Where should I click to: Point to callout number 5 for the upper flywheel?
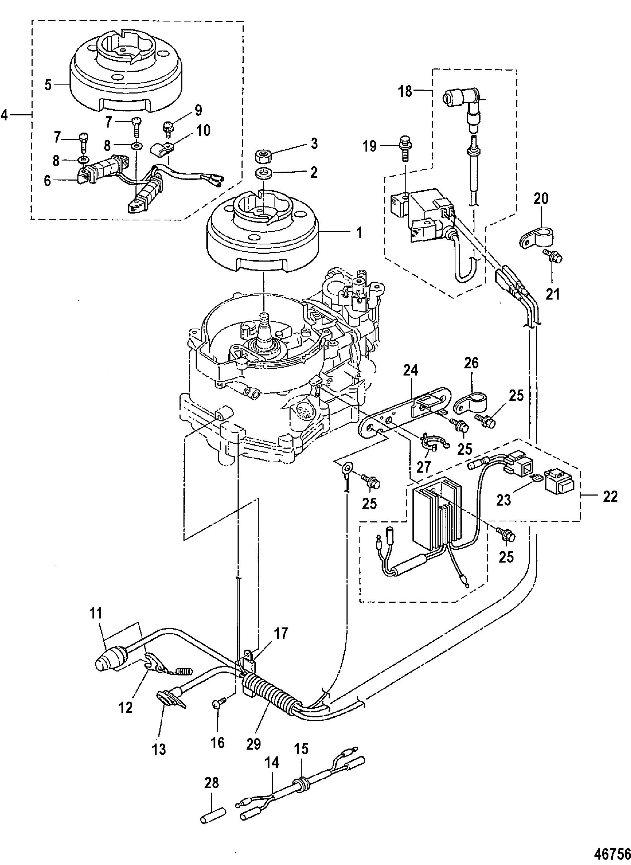(48, 85)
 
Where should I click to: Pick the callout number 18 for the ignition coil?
(405, 92)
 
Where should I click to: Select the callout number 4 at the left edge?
(5, 115)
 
